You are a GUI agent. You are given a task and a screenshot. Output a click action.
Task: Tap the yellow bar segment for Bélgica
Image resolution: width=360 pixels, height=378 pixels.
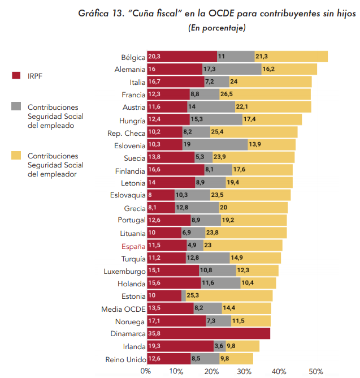pyautogui.click(x=291, y=57)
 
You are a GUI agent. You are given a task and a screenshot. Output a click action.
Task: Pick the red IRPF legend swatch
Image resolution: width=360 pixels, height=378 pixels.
pyautogui.click(x=16, y=75)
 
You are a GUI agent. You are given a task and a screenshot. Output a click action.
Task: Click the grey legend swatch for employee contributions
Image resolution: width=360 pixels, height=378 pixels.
pyautogui.click(x=16, y=106)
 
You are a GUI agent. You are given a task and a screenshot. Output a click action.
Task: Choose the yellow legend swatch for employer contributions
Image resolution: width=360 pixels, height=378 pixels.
pyautogui.click(x=16, y=155)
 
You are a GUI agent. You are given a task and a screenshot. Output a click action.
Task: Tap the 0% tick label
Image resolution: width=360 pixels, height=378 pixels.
pyautogui.click(x=145, y=371)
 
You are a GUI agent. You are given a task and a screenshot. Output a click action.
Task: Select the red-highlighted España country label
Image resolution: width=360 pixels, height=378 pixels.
pyautogui.click(x=133, y=246)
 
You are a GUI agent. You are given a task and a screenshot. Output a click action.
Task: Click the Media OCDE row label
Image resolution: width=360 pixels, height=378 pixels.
pyautogui.click(x=123, y=309)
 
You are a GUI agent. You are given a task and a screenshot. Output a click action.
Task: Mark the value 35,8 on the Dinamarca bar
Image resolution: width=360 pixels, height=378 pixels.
pyautogui.click(x=155, y=334)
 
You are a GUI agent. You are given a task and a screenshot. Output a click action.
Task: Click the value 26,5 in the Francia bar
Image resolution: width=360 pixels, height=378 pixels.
pyautogui.click(x=227, y=94)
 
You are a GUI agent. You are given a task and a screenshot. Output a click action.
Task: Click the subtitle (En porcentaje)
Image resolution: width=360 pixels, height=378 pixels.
pyautogui.click(x=216, y=28)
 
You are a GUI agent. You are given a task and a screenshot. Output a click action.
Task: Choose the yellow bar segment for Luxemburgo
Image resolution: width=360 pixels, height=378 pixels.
pyautogui.click(x=258, y=271)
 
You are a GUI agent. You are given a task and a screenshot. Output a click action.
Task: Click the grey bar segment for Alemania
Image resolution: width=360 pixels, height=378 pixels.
pyautogui.click(x=232, y=69)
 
